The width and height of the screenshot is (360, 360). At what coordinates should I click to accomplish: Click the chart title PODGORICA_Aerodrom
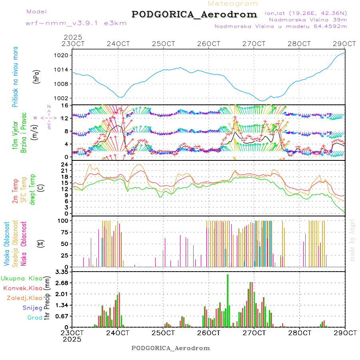[194, 14]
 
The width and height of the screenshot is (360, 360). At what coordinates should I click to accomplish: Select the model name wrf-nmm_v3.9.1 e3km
[76, 23]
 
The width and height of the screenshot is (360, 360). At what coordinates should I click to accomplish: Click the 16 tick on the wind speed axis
[66, 105]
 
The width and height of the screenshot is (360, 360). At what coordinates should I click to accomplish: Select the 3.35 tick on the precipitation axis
[63, 272]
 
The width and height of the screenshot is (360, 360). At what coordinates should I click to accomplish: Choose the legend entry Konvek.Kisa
[22, 288]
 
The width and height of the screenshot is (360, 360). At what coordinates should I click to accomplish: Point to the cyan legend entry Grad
[35, 318]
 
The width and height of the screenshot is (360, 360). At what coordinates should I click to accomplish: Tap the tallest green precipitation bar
[228, 300]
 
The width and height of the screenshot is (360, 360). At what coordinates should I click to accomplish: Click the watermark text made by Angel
[352, 240]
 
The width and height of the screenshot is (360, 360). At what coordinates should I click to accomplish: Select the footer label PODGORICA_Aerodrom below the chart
[170, 348]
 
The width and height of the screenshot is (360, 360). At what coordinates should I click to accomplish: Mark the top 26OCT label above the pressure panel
[209, 44]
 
